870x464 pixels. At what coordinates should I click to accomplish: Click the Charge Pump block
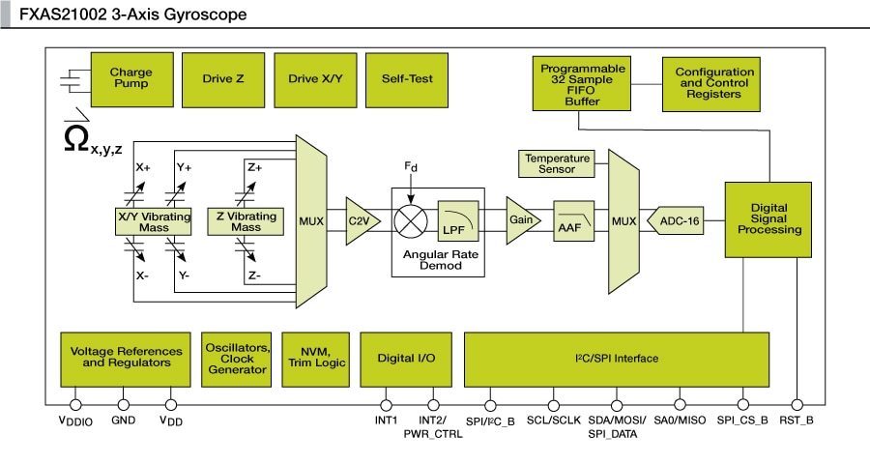130,78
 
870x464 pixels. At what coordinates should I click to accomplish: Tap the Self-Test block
407,78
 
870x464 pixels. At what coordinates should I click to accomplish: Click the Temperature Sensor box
557,163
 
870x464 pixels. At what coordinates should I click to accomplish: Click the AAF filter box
568,222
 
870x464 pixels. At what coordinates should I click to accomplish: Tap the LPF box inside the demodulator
452,221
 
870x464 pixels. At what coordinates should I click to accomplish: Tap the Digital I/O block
406,358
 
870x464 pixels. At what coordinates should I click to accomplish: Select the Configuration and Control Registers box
714,84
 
